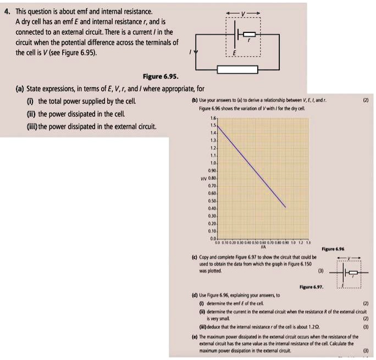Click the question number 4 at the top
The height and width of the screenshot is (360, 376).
click(x=6, y=11)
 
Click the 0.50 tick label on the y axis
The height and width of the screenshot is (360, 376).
click(x=203, y=201)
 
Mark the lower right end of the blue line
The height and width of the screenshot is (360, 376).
click(x=286, y=207)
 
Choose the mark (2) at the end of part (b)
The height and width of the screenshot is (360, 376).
click(x=366, y=101)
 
